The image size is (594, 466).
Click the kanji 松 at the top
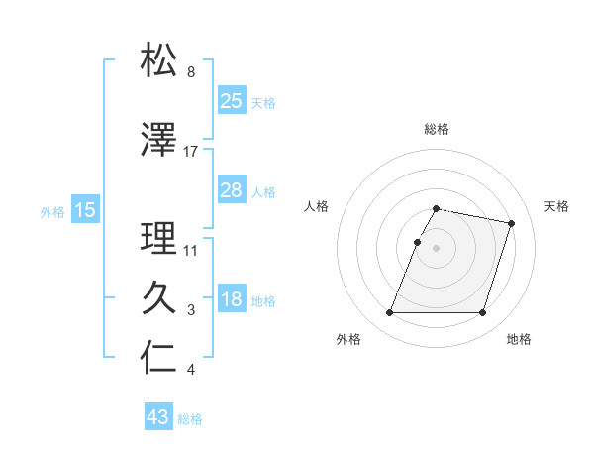click(x=159, y=60)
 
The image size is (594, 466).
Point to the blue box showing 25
click(x=232, y=100)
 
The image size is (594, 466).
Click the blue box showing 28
click(x=232, y=189)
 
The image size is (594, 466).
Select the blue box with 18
click(x=232, y=299)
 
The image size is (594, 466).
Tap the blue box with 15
click(x=84, y=210)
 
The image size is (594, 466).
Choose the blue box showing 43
click(x=158, y=417)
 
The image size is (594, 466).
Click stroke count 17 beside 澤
click(x=191, y=151)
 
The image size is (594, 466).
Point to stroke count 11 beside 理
click(x=191, y=250)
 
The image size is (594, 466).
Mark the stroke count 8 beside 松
click(x=191, y=72)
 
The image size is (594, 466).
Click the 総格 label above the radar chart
click(x=437, y=129)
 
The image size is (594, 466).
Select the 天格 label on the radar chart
click(x=556, y=206)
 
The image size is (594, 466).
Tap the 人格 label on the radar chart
click(x=317, y=206)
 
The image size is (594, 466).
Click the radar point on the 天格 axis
click(x=512, y=224)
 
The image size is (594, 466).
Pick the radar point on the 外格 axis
click(x=390, y=313)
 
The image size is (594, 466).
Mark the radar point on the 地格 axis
click(x=482, y=313)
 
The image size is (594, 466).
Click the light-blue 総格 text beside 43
click(x=190, y=419)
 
